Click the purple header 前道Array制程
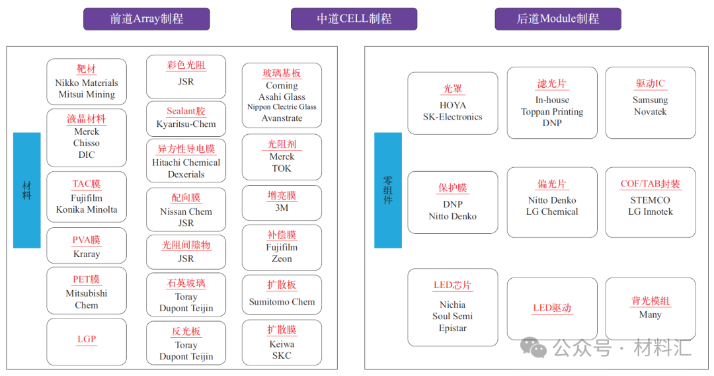pos(146,19)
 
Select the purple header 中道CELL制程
pos(354,19)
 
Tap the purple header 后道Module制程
pos(558,19)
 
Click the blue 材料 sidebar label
pos(27,190)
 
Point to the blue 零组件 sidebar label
pos(388,190)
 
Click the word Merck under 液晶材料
pos(87,132)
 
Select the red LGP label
pos(87,339)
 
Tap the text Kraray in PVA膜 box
pos(87,254)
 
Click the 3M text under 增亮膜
pos(282,207)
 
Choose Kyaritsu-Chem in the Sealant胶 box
pos(186,124)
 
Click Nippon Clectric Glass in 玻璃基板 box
pos(282,107)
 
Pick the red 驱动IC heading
pos(650,84)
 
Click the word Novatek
pos(650,112)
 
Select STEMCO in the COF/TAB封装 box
pos(650,200)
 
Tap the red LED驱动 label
pos(552,308)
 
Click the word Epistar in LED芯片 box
pos(453,328)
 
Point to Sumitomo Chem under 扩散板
pos(282,302)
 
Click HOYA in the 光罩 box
pos(453,105)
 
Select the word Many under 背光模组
pos(650,315)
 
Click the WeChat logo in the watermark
pos(534,346)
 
